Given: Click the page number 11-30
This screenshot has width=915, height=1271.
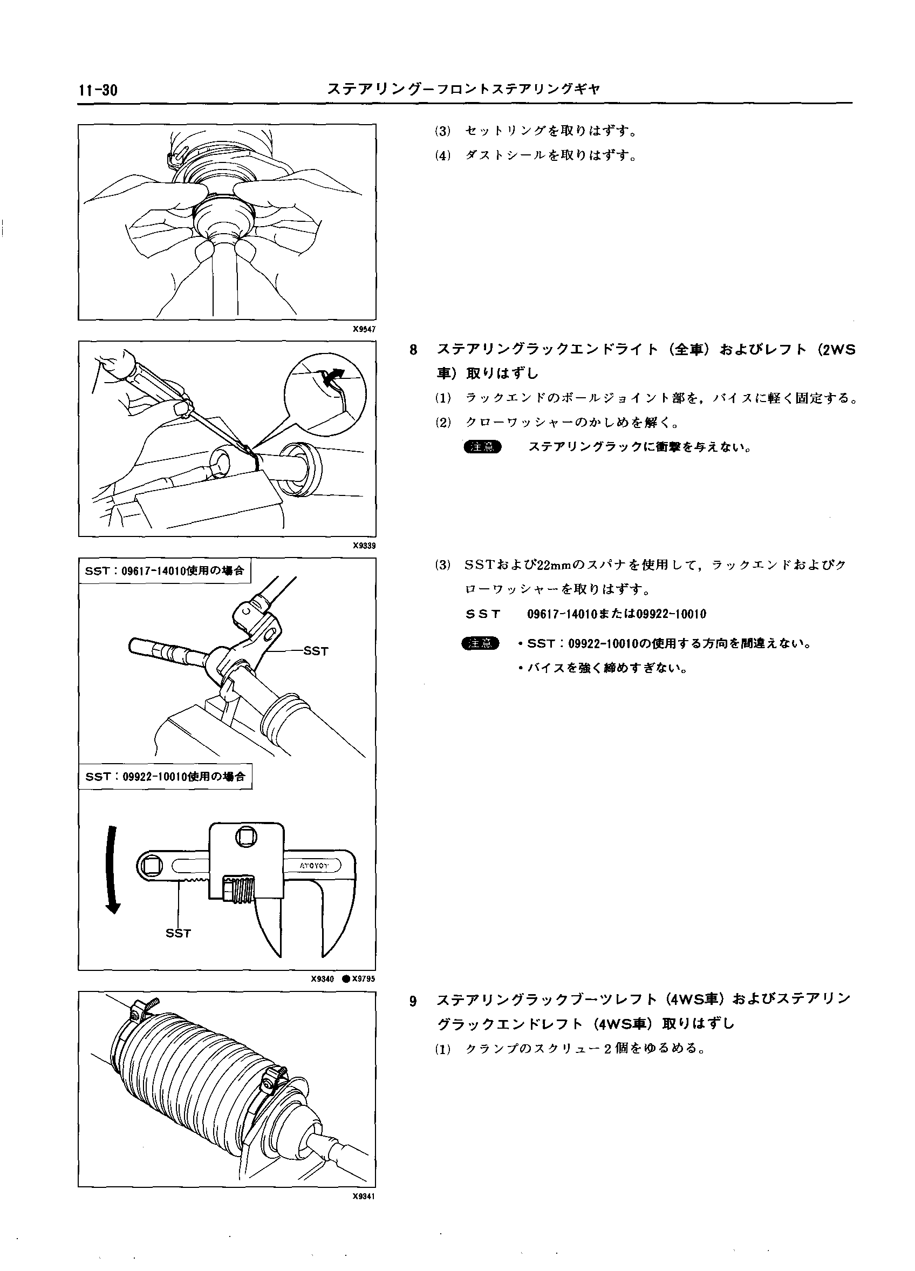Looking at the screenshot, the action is (99, 90).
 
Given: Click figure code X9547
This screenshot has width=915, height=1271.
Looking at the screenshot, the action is (364, 330).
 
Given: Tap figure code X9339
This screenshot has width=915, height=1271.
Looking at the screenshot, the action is (364, 546).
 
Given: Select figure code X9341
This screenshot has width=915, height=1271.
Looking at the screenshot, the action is (364, 1196).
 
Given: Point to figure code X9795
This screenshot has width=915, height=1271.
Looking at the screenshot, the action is (363, 979).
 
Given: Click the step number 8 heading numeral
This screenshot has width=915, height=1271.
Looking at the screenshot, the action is (413, 350).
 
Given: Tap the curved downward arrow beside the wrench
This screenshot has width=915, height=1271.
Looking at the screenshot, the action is (113, 868).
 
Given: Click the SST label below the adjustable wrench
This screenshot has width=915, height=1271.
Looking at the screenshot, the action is (178, 933).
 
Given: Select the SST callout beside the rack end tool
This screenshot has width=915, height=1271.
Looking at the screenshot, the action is (316, 651).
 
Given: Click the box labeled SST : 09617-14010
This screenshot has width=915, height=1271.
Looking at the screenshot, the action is (165, 571).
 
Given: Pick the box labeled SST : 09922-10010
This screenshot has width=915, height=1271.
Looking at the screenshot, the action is (165, 777).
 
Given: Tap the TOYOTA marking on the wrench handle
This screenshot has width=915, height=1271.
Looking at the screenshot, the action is (314, 866).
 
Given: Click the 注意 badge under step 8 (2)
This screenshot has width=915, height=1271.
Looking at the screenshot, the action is (482, 447).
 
